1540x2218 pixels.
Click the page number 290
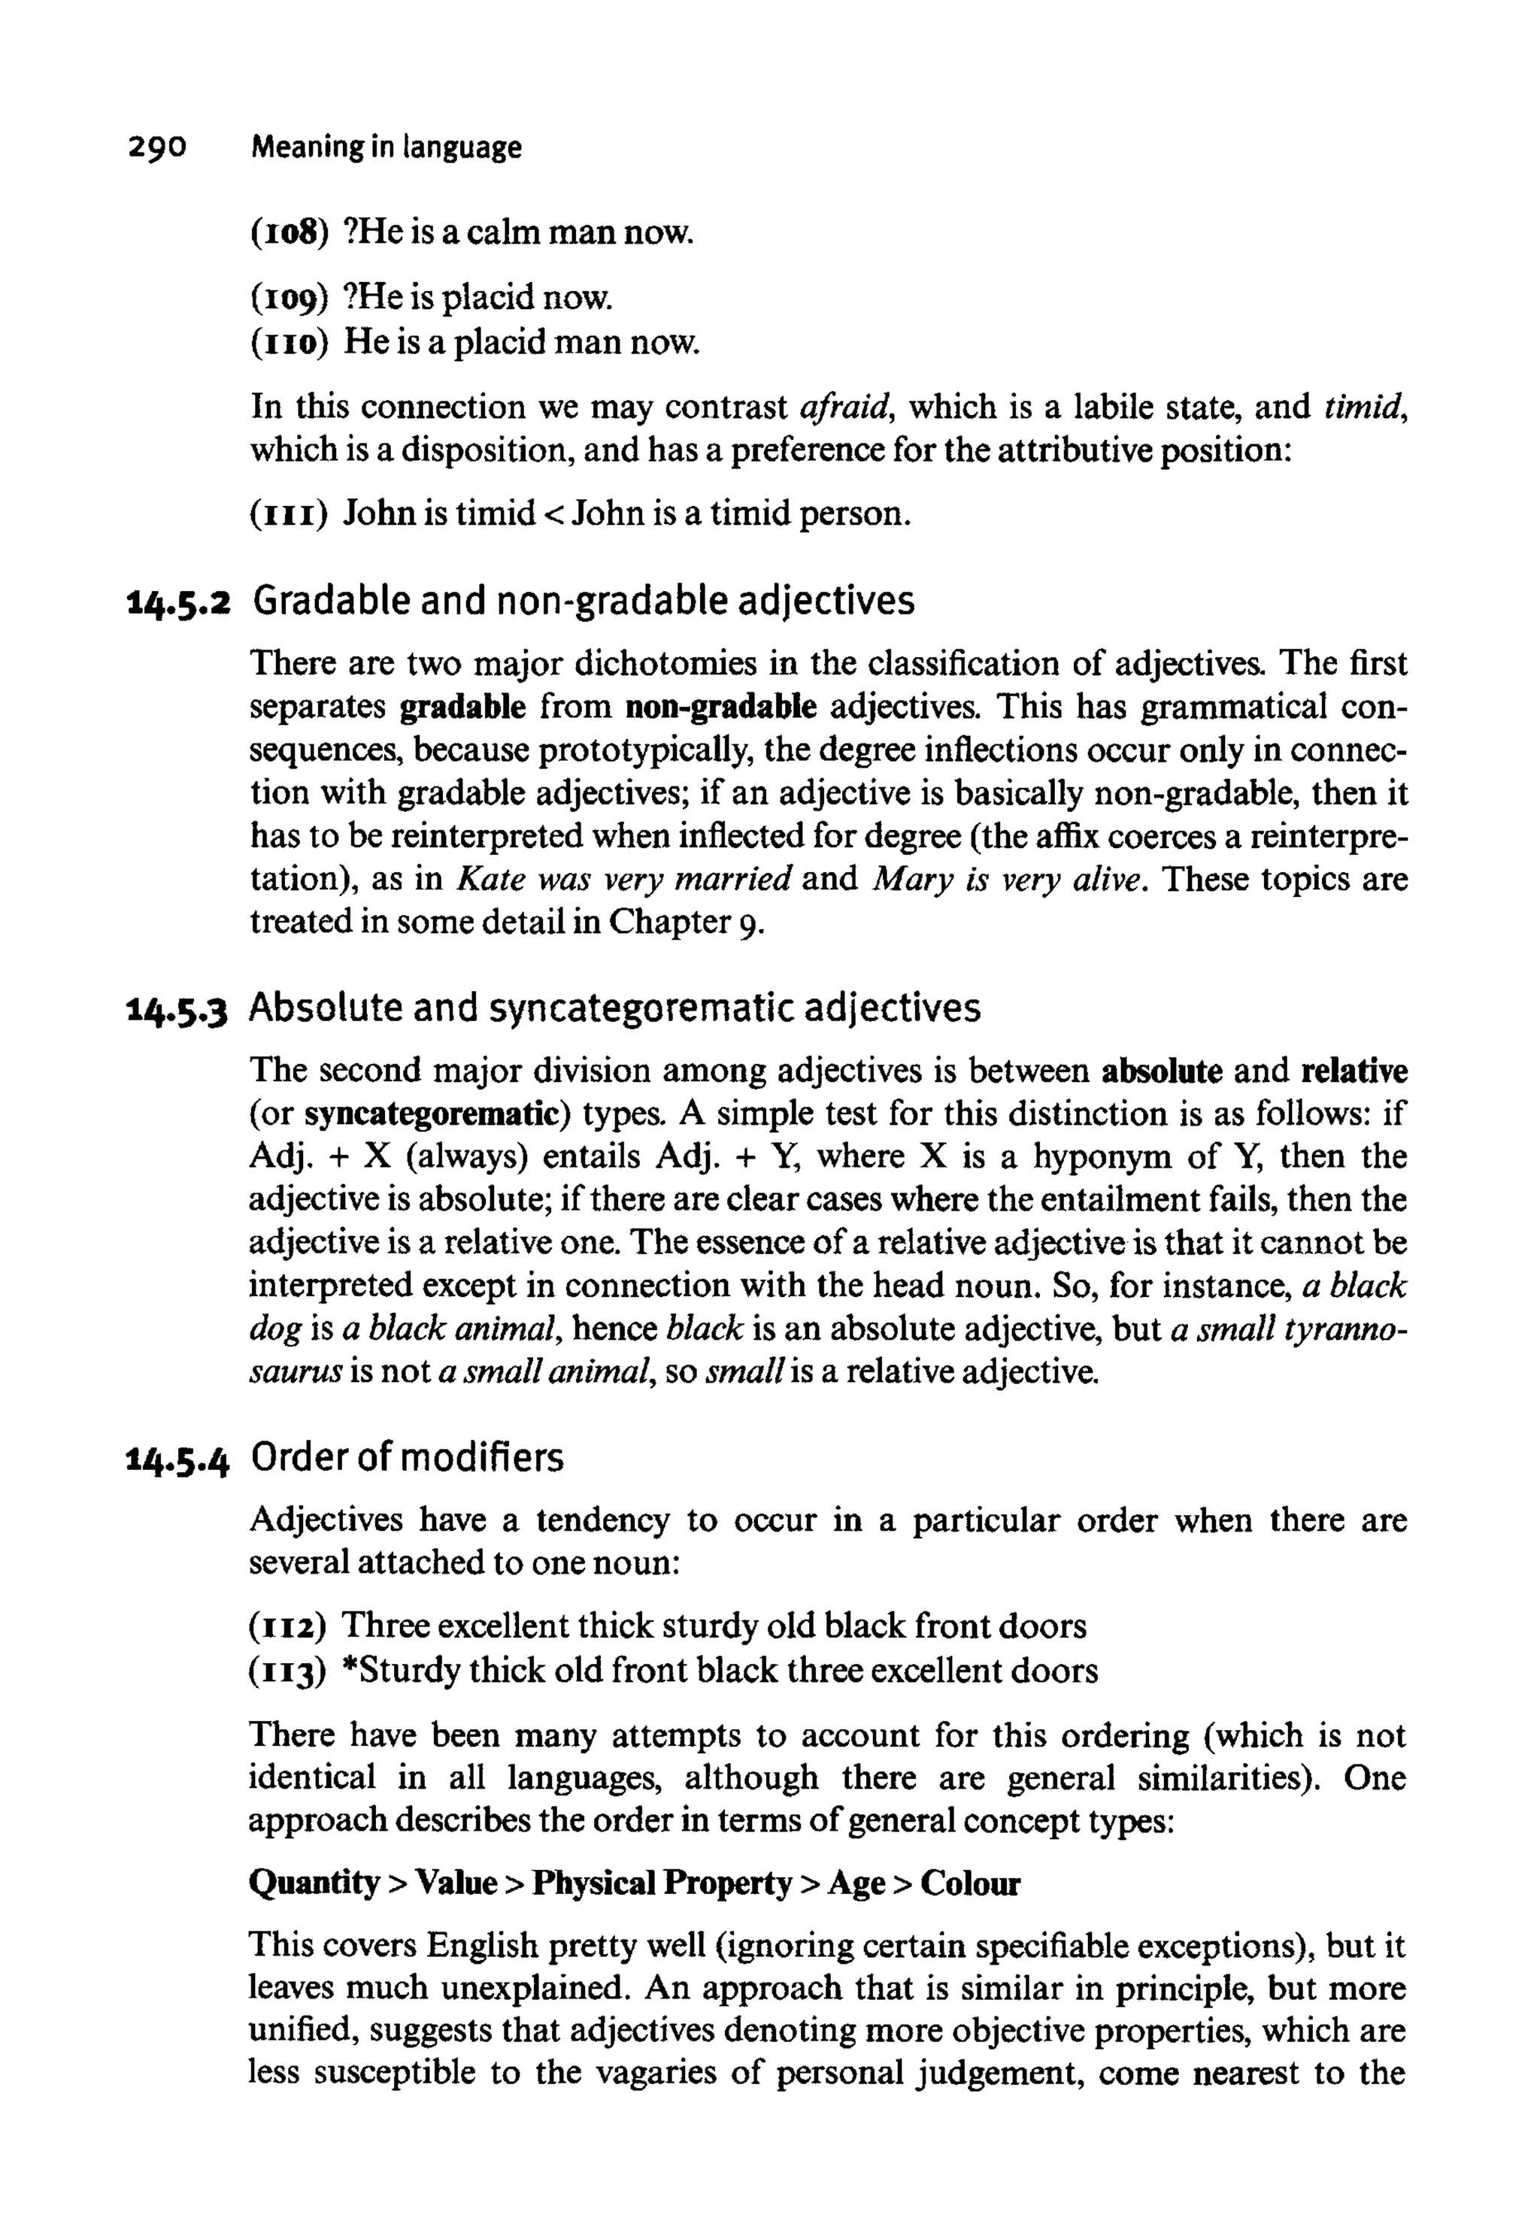[156, 147]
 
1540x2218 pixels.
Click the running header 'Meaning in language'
[386, 147]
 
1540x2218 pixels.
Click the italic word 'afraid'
[844, 407]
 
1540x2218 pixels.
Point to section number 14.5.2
[178, 603]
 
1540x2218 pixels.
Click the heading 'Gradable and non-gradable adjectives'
[583, 601]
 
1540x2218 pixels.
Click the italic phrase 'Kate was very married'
[623, 880]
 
